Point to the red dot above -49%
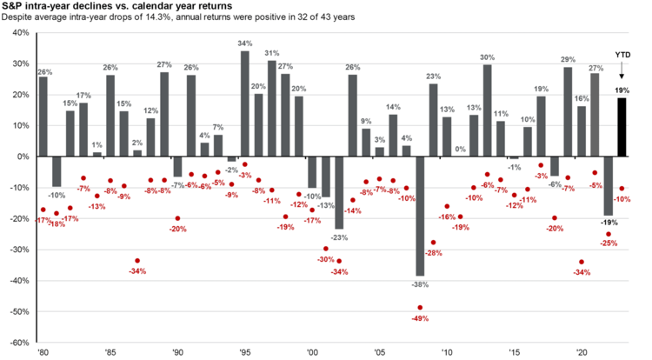pyautogui.click(x=420, y=307)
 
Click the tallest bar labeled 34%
pyautogui.click(x=245, y=103)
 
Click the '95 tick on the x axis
pyautogui.click(x=245, y=354)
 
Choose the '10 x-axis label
pyautogui.click(x=447, y=354)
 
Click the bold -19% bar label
pyautogui.click(x=609, y=223)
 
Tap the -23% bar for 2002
pyautogui.click(x=339, y=192)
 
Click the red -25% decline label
pyautogui.click(x=609, y=243)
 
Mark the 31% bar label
pyautogui.click(x=272, y=54)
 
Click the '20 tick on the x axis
pyautogui.click(x=582, y=354)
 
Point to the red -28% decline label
pyautogui.click(x=433, y=253)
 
